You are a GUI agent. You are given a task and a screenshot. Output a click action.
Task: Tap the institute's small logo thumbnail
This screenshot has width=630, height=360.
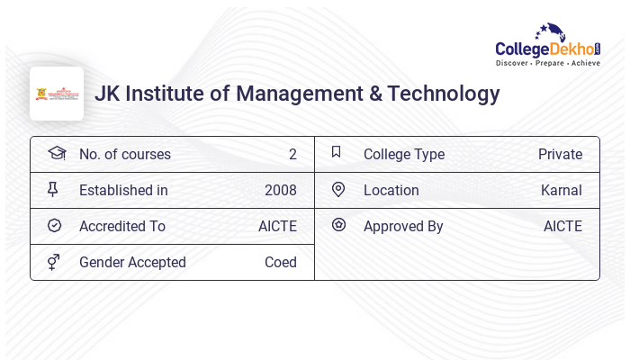(57, 94)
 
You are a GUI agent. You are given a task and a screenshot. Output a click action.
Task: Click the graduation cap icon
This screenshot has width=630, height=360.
(56, 153)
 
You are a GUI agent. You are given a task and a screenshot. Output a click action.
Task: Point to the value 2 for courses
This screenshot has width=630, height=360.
(292, 155)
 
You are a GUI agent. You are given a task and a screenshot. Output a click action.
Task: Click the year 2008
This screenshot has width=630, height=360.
(280, 191)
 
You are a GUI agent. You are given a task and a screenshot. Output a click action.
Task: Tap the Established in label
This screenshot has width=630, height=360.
(123, 191)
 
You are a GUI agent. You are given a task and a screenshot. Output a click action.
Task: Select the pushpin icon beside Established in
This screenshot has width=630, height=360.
(53, 189)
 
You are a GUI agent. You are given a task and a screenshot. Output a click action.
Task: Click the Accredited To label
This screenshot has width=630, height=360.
(121, 227)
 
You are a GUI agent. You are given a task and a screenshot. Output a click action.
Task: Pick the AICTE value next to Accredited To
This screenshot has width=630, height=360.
(277, 227)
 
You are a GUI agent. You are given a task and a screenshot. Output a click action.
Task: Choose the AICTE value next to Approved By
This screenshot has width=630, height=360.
(562, 227)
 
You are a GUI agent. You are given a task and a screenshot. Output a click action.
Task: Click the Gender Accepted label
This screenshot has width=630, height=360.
(132, 263)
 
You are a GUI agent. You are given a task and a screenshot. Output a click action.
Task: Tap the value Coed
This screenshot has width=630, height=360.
(280, 263)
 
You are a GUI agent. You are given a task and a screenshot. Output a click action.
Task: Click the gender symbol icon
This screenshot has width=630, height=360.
(53, 262)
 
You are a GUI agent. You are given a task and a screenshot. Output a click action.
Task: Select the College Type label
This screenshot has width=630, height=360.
(403, 155)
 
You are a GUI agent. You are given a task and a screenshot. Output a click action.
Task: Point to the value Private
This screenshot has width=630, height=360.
(560, 155)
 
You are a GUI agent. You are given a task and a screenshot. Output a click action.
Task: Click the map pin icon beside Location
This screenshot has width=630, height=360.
(338, 190)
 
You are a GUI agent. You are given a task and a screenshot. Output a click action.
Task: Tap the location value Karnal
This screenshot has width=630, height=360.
(561, 191)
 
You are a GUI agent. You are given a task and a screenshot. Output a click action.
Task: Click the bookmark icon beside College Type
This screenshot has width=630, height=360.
(336, 152)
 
